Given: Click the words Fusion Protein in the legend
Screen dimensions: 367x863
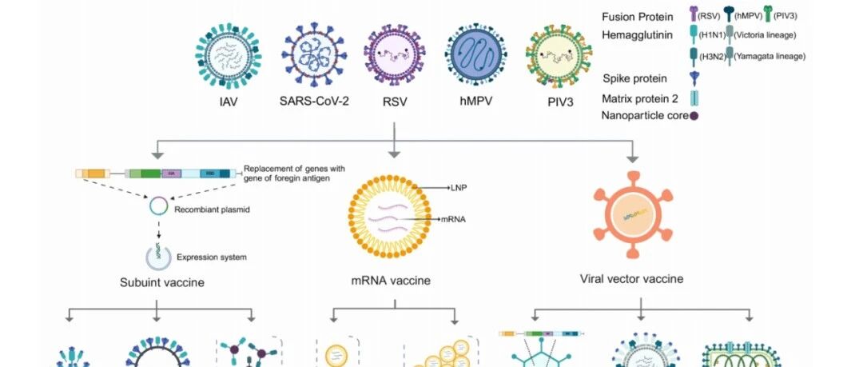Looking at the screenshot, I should pos(637,17).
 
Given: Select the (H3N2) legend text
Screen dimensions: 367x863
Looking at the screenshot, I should pos(706,55).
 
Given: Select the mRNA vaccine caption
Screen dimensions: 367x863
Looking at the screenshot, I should pos(391,281).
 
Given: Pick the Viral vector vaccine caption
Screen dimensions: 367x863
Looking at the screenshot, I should pos(631,280).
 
